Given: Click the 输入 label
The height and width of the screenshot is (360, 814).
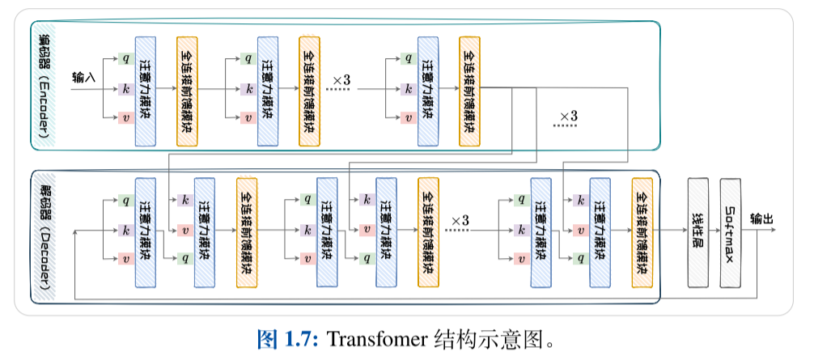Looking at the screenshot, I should (84, 78).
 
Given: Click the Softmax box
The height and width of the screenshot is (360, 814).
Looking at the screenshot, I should (731, 232).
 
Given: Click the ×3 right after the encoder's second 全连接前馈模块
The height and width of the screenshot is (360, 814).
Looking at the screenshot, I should (340, 81).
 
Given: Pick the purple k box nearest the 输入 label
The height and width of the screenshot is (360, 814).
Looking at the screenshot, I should (125, 88).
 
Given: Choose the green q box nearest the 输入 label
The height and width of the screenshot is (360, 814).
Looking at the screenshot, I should (125, 58).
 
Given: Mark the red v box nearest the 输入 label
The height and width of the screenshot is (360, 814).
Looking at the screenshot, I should (125, 118).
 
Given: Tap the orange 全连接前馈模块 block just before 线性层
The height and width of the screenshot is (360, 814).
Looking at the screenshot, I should (642, 232).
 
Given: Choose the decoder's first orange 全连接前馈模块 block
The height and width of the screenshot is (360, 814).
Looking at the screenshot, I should (247, 232).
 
